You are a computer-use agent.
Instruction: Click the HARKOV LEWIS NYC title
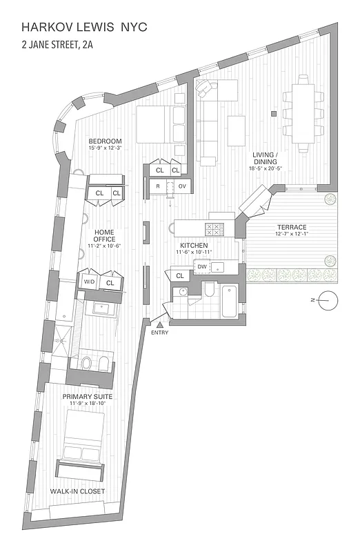pyautogui.click(x=84, y=28)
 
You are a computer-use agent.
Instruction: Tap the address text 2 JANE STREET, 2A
pyautogui.click(x=63, y=48)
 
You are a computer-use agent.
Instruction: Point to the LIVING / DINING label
pyautogui.click(x=263, y=162)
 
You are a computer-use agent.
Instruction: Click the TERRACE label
pyautogui.click(x=292, y=227)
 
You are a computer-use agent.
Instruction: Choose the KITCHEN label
pyautogui.click(x=194, y=246)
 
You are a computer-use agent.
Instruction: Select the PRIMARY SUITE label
pyautogui.click(x=88, y=397)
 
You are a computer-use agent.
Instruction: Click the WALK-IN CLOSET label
pyautogui.click(x=77, y=491)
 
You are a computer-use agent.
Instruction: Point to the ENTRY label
pyautogui.click(x=159, y=333)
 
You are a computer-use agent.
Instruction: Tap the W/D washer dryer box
pyautogui.click(x=90, y=282)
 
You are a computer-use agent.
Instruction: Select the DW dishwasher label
pyautogui.click(x=202, y=266)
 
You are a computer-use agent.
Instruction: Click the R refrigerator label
pyautogui.click(x=158, y=186)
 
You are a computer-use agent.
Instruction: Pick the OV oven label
pyautogui.click(x=182, y=186)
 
